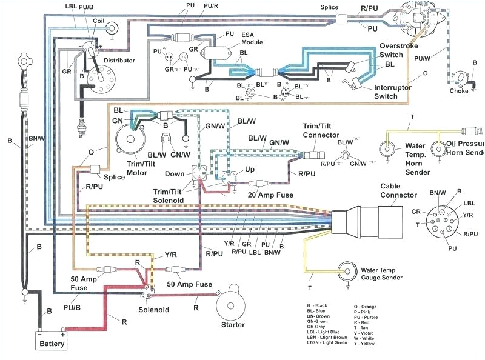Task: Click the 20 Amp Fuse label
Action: point(270,195)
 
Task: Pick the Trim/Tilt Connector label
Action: point(321,130)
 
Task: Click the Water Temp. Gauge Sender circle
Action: point(347,270)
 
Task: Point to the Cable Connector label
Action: point(398,191)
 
